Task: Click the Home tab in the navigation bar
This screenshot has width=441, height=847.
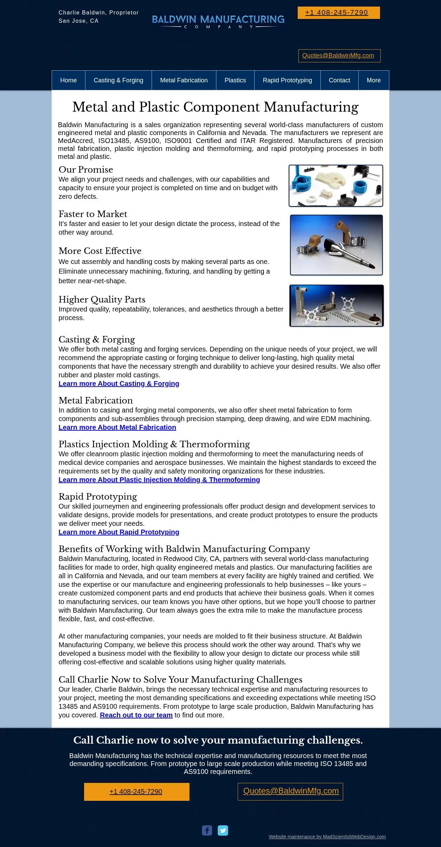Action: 69,80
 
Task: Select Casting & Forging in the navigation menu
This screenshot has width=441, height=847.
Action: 119,80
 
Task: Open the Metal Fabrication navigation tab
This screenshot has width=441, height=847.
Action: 184,80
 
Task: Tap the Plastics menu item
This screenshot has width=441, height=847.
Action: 235,80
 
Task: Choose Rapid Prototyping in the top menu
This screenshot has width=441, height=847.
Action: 287,80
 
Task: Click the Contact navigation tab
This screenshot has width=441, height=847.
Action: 339,80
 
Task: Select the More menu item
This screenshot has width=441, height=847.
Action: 374,80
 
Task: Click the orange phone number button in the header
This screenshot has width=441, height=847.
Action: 339,13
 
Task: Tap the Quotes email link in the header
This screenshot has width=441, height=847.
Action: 338,55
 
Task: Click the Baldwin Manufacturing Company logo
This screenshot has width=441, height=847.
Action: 218,21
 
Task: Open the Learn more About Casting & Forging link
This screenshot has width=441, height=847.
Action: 119,384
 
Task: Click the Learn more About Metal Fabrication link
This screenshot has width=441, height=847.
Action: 117,427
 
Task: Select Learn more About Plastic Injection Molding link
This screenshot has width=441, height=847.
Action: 159,480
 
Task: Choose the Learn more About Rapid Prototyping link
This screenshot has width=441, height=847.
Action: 119,532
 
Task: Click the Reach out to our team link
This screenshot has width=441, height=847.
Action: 136,715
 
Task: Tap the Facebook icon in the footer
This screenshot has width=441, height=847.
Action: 207,830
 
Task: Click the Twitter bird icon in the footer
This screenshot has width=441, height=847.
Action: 223,830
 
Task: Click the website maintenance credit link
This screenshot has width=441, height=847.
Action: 327,837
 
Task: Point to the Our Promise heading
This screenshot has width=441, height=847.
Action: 86,170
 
